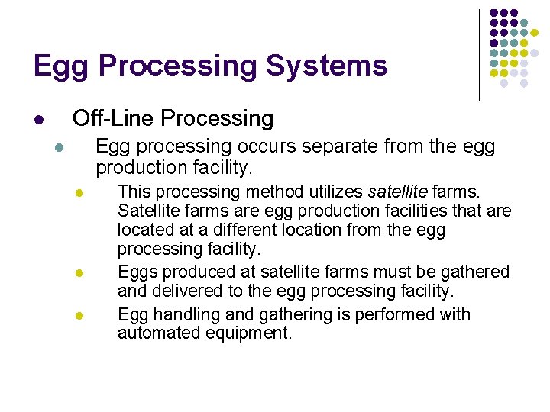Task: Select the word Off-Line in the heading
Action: (114, 118)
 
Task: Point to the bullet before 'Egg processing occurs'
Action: (59, 147)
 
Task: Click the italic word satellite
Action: (398, 191)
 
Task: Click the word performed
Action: (375, 314)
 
